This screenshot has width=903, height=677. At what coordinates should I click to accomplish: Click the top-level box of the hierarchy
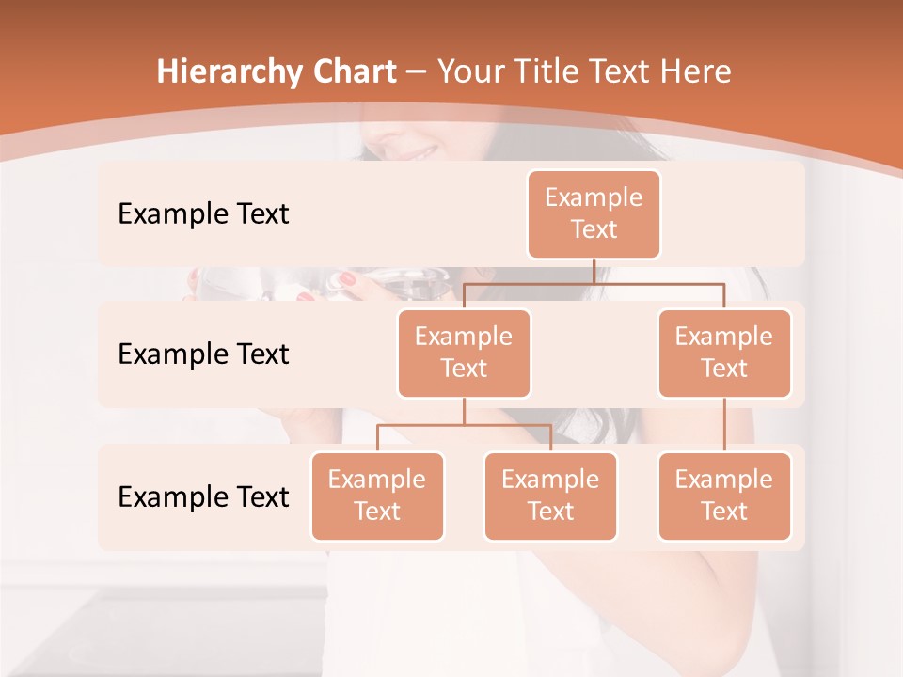click(x=594, y=214)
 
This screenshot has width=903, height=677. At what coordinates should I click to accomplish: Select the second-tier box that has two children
click(x=464, y=353)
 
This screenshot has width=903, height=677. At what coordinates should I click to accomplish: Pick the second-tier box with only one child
click(x=724, y=353)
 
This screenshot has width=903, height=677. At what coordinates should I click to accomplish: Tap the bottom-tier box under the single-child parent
click(x=724, y=496)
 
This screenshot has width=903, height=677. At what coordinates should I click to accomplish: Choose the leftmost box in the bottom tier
click(x=377, y=496)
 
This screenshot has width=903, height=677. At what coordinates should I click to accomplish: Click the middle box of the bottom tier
click(x=550, y=496)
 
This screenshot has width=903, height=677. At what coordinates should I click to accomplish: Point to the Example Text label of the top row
click(x=203, y=214)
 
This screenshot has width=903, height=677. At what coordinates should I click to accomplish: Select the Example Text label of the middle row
click(x=203, y=354)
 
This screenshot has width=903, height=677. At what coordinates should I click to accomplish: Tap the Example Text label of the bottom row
click(x=203, y=497)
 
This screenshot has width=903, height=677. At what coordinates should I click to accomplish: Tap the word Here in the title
click(x=695, y=72)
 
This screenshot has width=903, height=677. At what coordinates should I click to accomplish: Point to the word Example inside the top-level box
click(x=594, y=197)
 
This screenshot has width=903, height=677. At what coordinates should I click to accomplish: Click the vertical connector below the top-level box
click(x=594, y=271)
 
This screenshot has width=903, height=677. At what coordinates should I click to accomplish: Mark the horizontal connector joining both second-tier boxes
click(x=594, y=282)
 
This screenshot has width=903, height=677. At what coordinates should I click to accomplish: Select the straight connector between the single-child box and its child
click(x=724, y=425)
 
